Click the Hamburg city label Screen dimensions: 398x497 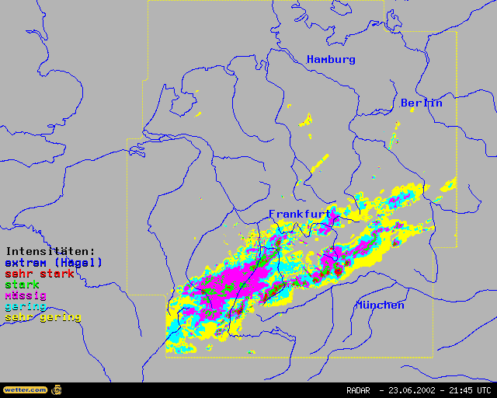coord(331,60)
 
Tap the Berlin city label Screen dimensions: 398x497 coord(422,103)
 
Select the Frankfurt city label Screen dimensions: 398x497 coord(300,213)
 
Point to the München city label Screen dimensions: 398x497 coord(380,305)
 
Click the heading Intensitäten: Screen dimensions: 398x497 coord(50,252)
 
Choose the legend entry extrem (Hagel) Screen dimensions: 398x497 coord(54,263)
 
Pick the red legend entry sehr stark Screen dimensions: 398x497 coord(40,274)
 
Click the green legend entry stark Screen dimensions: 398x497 coord(23,285)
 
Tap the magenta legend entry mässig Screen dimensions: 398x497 coord(26,295)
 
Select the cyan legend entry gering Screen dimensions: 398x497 coord(26,306)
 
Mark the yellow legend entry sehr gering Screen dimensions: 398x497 coord(43,317)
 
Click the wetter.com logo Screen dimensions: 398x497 coord(25,389)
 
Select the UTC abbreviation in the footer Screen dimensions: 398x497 coord(485,390)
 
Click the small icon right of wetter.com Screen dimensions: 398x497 coord(57,389)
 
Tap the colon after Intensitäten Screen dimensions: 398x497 coord(92,253)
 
